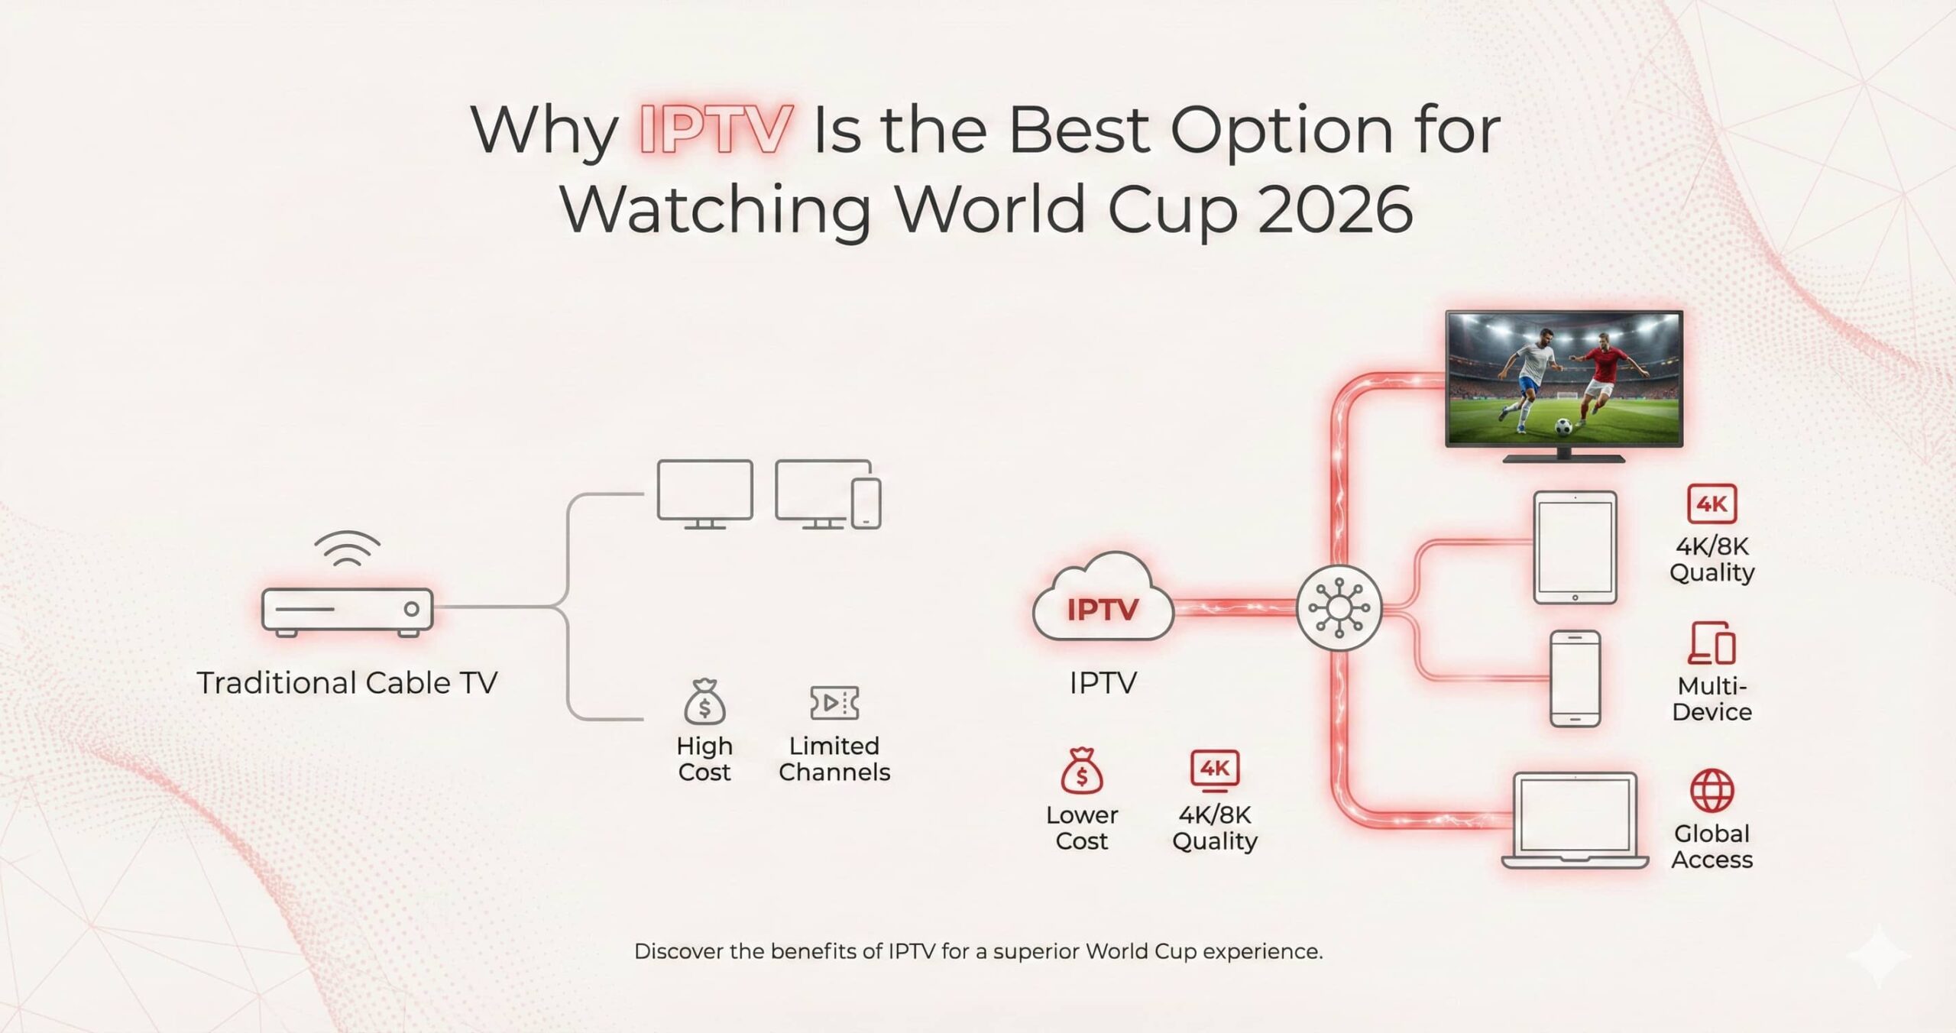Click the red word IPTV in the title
714,130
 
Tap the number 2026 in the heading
1335,209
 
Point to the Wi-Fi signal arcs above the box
347,549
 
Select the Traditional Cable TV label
347,682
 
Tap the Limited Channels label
834,759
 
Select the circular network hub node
1339,608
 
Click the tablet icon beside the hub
1575,547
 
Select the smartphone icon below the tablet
1575,678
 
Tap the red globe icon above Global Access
1711,791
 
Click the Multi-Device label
1711,698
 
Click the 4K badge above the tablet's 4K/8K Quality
1711,504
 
